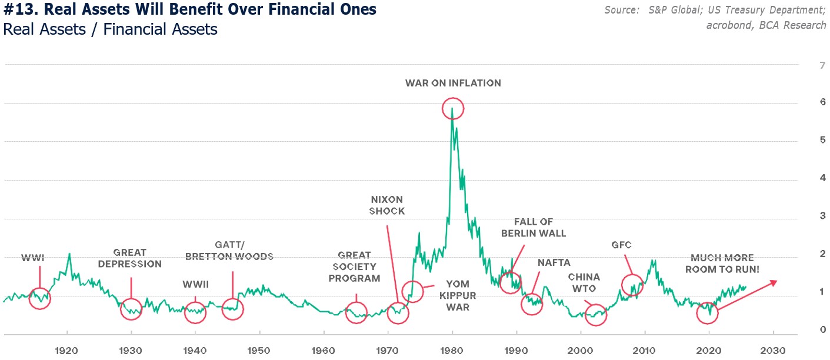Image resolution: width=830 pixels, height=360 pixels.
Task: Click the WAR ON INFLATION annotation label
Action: [453, 83]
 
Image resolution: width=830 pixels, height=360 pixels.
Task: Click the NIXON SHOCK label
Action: [387, 205]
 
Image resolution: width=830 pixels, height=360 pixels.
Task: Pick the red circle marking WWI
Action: [39, 298]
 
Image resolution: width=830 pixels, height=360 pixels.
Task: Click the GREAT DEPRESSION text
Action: [129, 258]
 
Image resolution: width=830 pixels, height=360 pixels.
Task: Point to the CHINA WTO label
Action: [584, 282]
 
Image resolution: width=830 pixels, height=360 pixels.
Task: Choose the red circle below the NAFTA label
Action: [532, 304]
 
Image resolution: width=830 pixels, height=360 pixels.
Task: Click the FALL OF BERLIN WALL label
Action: [533, 227]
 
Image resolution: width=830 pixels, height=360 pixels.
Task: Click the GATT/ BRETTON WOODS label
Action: [229, 251]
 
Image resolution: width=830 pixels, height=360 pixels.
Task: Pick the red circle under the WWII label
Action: [195, 312]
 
